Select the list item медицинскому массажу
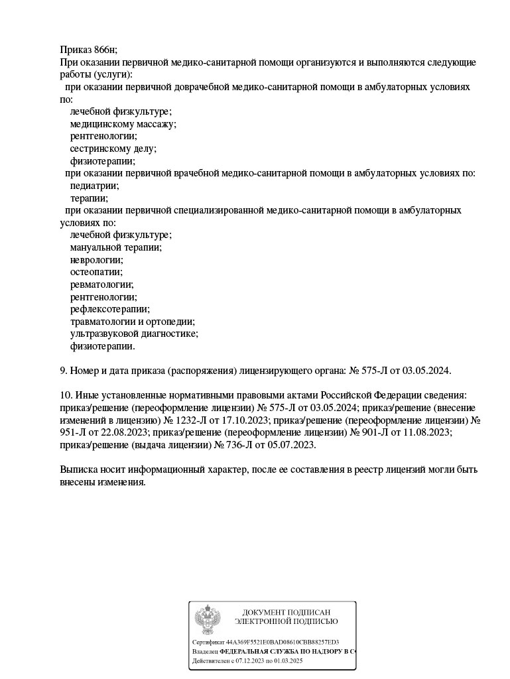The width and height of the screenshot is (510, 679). point(123,124)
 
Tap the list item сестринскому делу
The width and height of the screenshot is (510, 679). point(113,149)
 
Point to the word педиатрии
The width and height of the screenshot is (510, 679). point(95,186)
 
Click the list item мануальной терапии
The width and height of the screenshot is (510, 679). point(115,247)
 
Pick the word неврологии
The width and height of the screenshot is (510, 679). point(96,260)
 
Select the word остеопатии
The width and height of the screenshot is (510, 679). point(96,272)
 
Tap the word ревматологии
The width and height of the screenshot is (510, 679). point(101,284)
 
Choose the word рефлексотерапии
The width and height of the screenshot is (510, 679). point(109,309)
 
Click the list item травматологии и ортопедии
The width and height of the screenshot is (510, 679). point(132,322)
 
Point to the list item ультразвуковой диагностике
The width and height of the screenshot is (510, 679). point(134,334)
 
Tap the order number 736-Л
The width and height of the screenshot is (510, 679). point(233,445)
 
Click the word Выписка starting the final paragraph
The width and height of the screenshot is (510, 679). point(80,470)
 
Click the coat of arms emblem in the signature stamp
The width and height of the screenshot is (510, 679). point(208,619)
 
